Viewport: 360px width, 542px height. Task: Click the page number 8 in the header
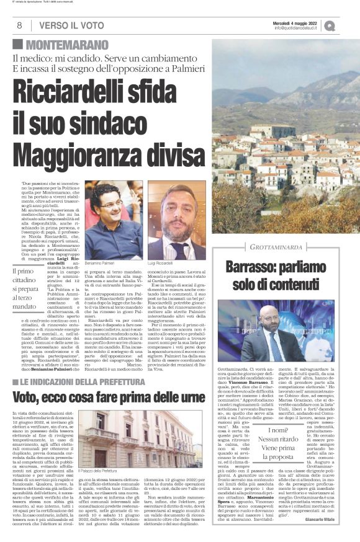pyautogui.click(x=19, y=25)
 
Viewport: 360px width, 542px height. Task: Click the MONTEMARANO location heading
pyautogui.click(x=66, y=45)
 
